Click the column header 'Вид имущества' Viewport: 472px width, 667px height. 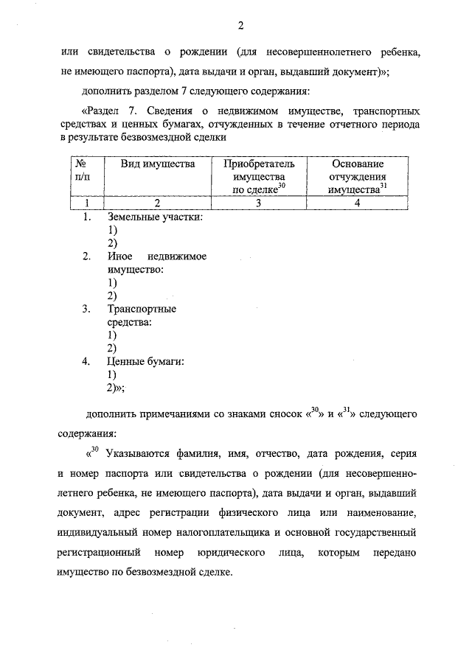(158, 164)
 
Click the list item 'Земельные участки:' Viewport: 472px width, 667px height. (155, 217)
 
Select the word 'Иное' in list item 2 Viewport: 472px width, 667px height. (119, 256)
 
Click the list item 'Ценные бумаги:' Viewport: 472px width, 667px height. (145, 361)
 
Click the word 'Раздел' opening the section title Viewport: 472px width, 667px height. (110, 111)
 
